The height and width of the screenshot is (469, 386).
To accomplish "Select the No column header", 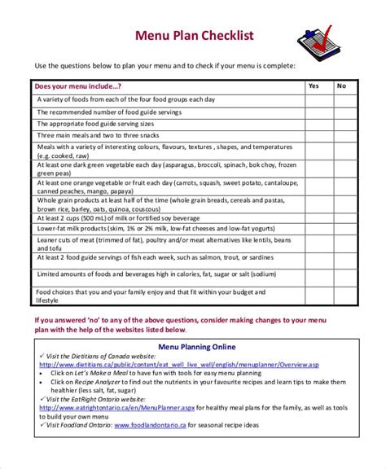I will [x=342, y=85].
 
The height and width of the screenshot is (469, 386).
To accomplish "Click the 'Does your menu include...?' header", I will [x=78, y=85].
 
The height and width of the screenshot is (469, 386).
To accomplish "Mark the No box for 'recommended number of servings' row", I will [x=342, y=111].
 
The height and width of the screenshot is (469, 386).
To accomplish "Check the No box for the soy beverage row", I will [x=342, y=218].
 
